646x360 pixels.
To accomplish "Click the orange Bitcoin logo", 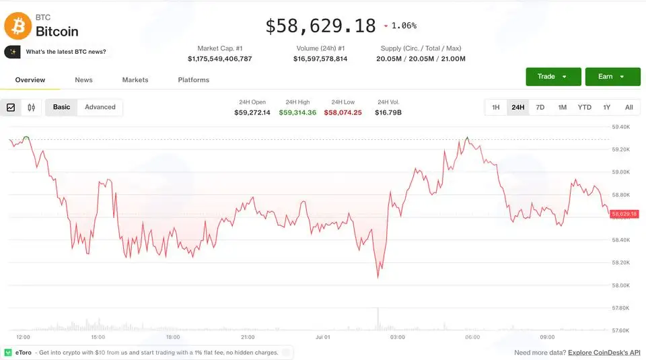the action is pyautogui.click(x=17, y=26).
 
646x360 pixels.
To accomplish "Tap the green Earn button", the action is pyautogui.click(x=612, y=77).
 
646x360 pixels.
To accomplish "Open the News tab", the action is pyautogui.click(x=83, y=80).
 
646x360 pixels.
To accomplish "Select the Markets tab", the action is pyautogui.click(x=135, y=80).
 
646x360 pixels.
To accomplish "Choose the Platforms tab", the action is pyautogui.click(x=194, y=80).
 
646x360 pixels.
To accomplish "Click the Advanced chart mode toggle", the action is pyautogui.click(x=100, y=107).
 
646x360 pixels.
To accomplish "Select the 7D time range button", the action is pyautogui.click(x=540, y=108).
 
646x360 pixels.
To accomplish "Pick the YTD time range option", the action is pyautogui.click(x=584, y=108).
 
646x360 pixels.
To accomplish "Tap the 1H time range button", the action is pyautogui.click(x=496, y=108).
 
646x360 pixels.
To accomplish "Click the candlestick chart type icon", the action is pyautogui.click(x=32, y=108).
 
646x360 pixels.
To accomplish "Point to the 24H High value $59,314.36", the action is pyautogui.click(x=297, y=112).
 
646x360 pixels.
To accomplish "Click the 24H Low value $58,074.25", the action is pyautogui.click(x=343, y=112).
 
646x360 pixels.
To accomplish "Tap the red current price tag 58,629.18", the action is pyautogui.click(x=624, y=214).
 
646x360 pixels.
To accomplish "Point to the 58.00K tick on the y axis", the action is pyautogui.click(x=621, y=285).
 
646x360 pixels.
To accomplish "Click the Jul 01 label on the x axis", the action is pyautogui.click(x=322, y=337).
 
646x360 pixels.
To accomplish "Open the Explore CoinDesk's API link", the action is pyautogui.click(x=604, y=353).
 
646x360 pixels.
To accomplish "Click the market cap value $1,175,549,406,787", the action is pyautogui.click(x=220, y=59).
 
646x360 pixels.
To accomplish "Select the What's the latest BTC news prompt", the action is pyautogui.click(x=66, y=52).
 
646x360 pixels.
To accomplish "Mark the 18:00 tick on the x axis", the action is pyautogui.click(x=173, y=337).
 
